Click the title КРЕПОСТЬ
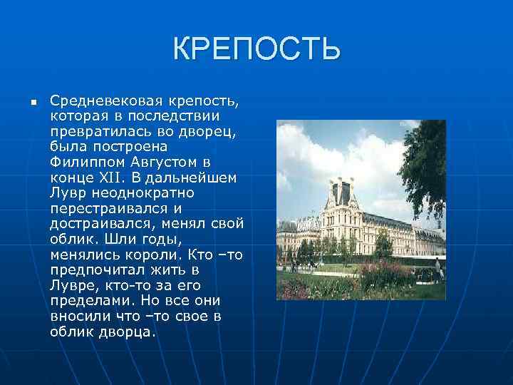click(256, 49)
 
